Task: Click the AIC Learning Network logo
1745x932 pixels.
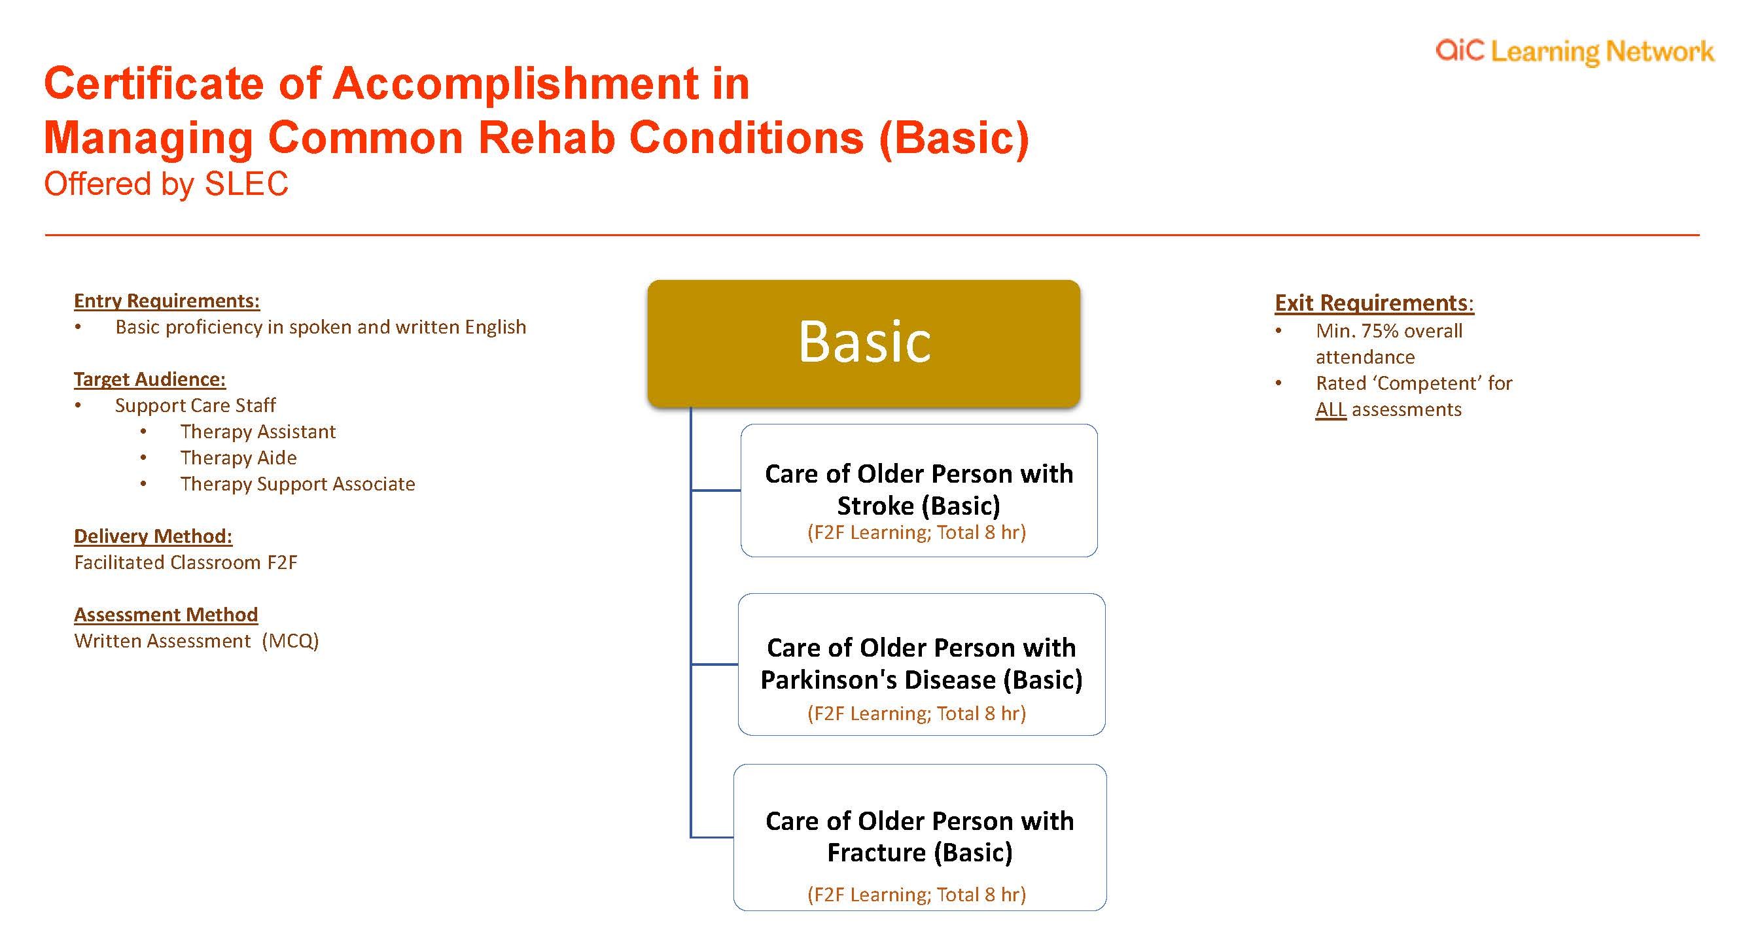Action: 1574,52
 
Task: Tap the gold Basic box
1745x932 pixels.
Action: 864,343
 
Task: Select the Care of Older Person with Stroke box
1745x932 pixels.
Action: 919,491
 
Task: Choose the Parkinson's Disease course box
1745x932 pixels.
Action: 921,664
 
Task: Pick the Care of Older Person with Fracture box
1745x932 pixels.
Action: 920,837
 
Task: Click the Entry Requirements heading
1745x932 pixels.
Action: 167,301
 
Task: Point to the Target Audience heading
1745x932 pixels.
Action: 150,379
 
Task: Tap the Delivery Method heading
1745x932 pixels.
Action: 153,536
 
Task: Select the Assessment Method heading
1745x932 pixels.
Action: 166,615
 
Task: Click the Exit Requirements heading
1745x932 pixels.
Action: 1374,303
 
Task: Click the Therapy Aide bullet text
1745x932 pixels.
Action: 238,458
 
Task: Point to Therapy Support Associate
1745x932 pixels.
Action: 298,484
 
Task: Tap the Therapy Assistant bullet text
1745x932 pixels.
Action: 258,432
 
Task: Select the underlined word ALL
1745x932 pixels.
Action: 1330,410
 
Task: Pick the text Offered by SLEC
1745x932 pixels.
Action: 167,184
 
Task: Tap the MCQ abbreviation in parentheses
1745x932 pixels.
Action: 290,641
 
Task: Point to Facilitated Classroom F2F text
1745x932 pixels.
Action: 186,563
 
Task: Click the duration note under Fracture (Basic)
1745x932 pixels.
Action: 917,895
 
